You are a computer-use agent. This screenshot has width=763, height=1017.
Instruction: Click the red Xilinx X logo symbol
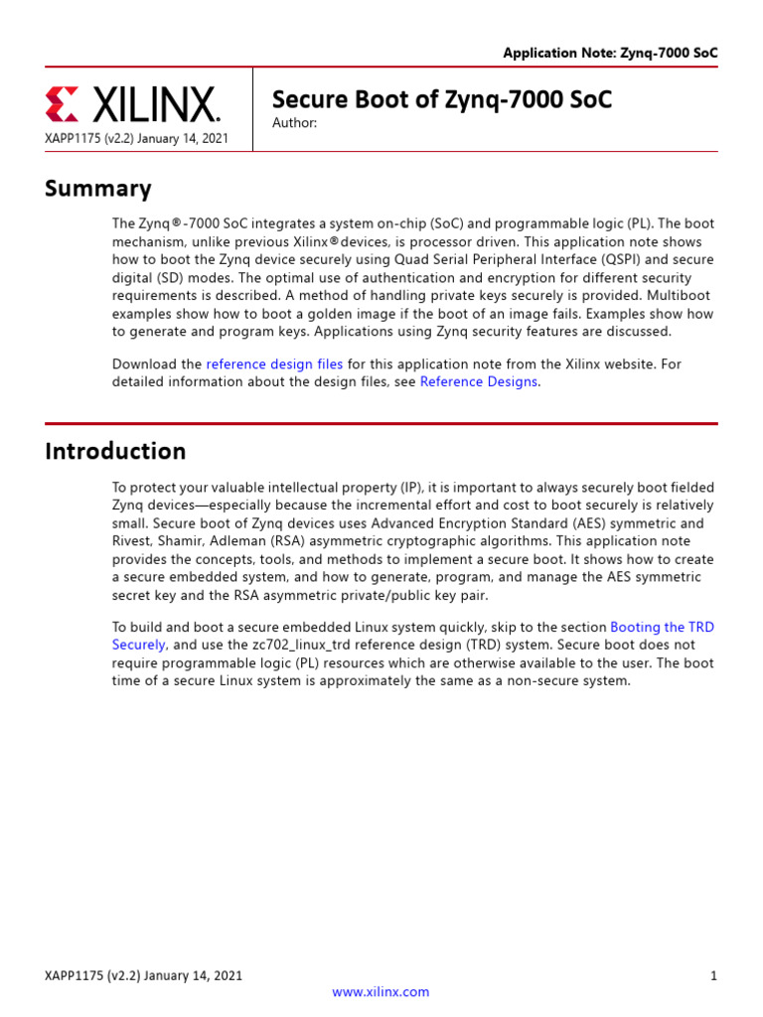61,104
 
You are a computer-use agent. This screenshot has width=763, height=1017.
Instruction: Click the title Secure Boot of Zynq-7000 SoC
442,99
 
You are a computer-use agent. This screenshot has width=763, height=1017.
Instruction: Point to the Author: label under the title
294,123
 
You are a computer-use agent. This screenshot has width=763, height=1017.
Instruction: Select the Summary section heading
98,189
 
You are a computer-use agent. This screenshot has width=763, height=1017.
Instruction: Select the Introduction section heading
115,451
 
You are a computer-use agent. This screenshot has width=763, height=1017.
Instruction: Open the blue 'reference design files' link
274,364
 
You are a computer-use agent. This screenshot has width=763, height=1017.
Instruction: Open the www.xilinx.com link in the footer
381,991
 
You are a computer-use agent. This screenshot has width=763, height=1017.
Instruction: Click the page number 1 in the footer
713,976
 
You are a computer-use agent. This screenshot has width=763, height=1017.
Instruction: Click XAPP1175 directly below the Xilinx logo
73,138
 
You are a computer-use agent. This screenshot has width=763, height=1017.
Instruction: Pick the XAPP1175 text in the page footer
73,976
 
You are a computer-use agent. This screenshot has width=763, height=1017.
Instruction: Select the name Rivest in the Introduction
134,541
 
